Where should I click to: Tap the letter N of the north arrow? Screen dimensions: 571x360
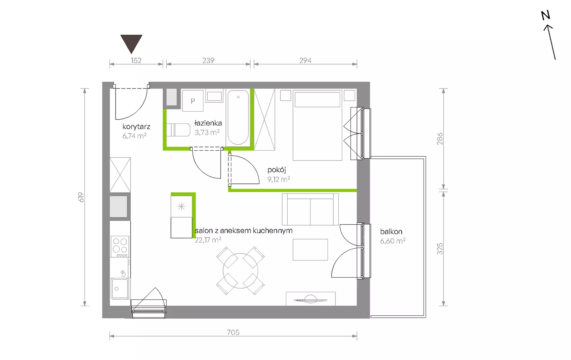[546, 16]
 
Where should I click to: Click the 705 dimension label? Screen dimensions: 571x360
[233, 332]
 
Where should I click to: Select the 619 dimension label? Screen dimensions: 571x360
[81, 197]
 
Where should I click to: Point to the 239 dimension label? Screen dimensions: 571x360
[208, 60]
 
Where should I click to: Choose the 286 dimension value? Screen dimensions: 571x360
[440, 139]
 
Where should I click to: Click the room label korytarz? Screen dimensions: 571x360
[136, 127]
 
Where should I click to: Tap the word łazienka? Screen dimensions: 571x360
[208, 123]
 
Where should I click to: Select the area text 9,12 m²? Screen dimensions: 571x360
[279, 179]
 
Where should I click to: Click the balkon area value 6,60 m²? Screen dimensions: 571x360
[393, 241]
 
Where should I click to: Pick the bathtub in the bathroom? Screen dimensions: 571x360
[238, 117]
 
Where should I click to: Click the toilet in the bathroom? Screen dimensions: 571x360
[178, 130]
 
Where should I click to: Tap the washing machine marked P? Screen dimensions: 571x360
[193, 101]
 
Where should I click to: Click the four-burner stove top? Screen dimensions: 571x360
[120, 247]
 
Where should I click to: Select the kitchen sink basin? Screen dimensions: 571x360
[120, 288]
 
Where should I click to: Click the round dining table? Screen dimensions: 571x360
[241, 270]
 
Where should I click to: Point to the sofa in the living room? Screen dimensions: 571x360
[310, 209]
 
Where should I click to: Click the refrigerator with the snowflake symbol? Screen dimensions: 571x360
[182, 207]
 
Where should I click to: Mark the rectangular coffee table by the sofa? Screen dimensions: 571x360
[310, 250]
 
